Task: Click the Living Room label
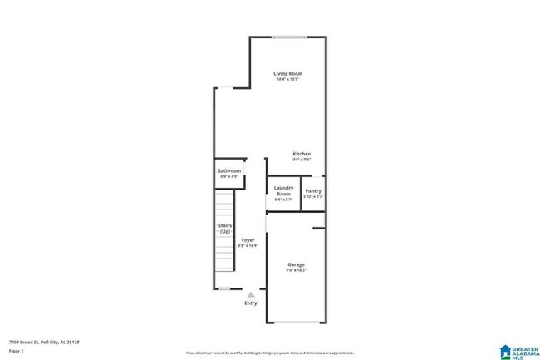pyautogui.click(x=287, y=74)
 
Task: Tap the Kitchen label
pyautogui.click(x=302, y=154)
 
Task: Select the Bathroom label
pyautogui.click(x=229, y=170)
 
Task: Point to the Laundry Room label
pyautogui.click(x=284, y=190)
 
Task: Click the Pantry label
pyautogui.click(x=313, y=190)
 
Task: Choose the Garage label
pyautogui.click(x=296, y=264)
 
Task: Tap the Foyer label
pyautogui.click(x=248, y=240)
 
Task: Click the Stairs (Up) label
pyautogui.click(x=224, y=228)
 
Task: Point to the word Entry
pyautogui.click(x=250, y=303)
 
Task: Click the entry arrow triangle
pyautogui.click(x=250, y=293)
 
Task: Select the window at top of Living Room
pyautogui.click(x=288, y=36)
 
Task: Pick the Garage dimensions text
pyautogui.click(x=296, y=270)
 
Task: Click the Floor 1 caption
pyautogui.click(x=16, y=350)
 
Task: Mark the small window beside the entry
pyautogui.click(x=224, y=288)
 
